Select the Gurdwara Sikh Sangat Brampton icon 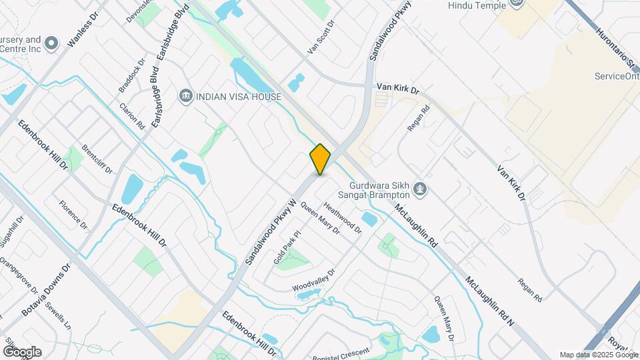pyautogui.click(x=420, y=190)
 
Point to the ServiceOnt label pyautogui.click(x=617, y=76)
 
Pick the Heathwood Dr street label pyautogui.click(x=342, y=217)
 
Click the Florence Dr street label pyautogui.click(x=73, y=215)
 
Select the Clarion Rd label pyautogui.click(x=132, y=115)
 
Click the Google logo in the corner pyautogui.click(x=22, y=351)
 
